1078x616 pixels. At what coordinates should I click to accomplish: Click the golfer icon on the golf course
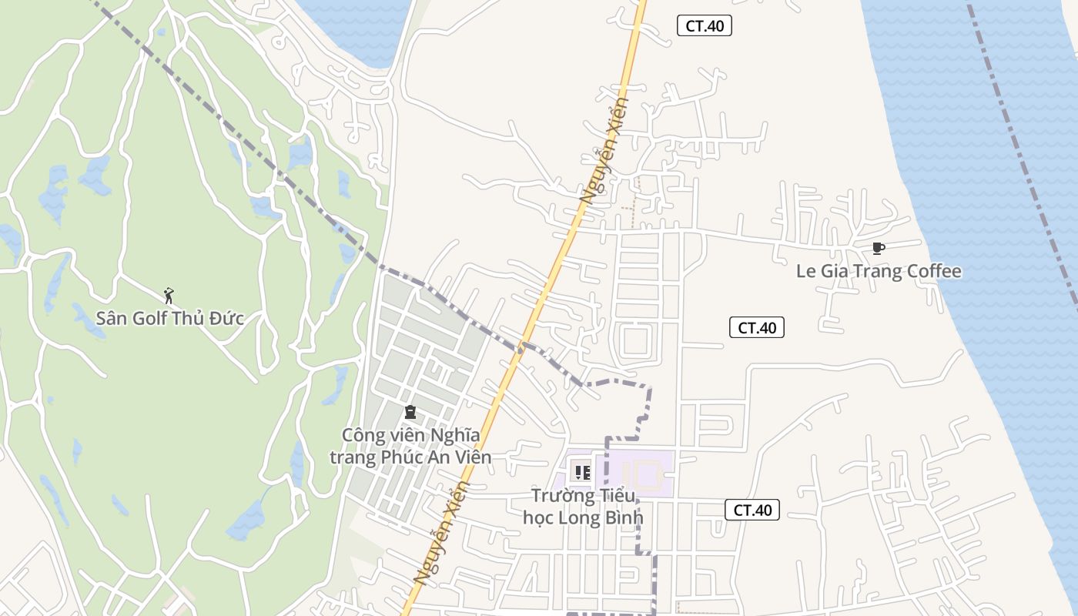pos(169,295)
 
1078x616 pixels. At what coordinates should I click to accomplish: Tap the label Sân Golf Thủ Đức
pos(170,318)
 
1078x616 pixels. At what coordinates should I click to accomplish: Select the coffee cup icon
pos(878,248)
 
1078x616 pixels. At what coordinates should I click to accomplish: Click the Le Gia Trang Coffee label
pos(879,271)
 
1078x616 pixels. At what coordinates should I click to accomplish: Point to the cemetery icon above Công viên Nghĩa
pos(410,413)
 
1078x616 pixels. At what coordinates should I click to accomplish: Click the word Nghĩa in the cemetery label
pos(454,436)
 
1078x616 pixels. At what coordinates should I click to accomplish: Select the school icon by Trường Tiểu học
pos(582,471)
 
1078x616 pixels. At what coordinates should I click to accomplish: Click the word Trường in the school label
pos(560,495)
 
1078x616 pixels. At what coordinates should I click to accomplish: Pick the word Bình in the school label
pos(619,517)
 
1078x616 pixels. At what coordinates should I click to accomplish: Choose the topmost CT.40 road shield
pos(704,25)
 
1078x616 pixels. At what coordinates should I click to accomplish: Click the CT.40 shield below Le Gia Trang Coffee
pos(756,327)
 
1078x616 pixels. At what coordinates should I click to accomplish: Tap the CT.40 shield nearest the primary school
pos(752,509)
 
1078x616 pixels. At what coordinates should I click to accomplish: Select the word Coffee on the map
pos(933,271)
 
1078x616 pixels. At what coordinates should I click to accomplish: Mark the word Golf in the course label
pos(150,318)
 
